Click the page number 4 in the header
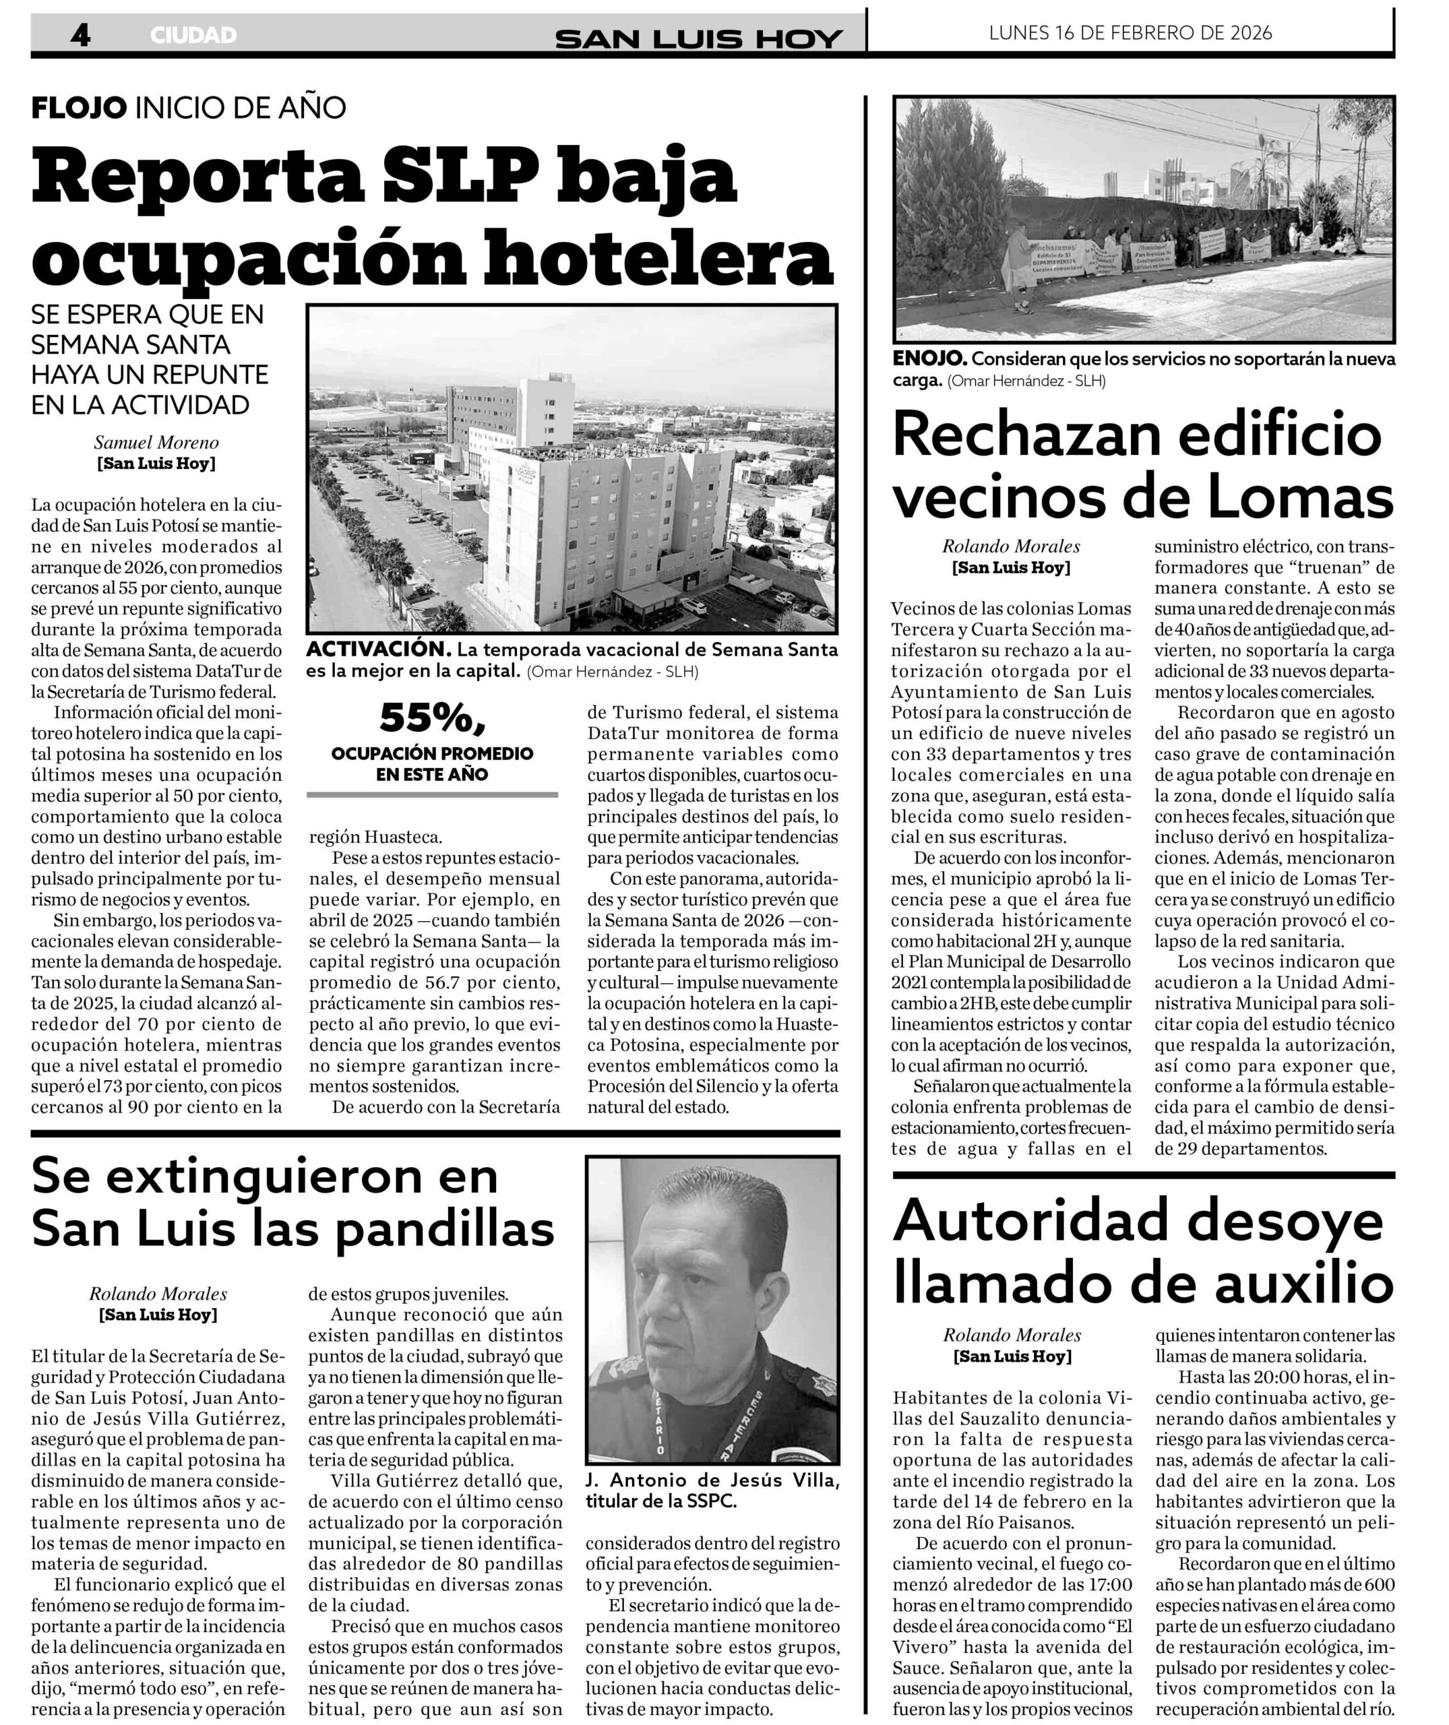pos(80,34)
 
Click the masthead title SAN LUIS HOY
pos(698,38)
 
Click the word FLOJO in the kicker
pos(79,108)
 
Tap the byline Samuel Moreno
pos(156,443)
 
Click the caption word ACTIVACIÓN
pos(379,650)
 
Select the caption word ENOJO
pos(930,359)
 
